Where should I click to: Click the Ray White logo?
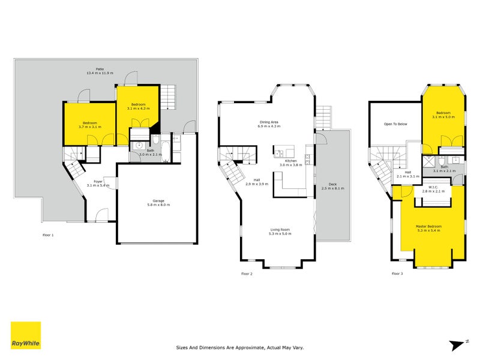coord(26,335)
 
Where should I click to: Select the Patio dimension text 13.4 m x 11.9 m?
coord(98,73)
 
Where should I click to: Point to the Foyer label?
coord(98,181)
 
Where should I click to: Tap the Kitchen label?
coord(291,161)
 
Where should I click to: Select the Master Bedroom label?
coord(428,226)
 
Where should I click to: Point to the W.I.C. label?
coord(428,187)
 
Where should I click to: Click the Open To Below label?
coord(395,124)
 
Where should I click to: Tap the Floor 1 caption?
coord(48,235)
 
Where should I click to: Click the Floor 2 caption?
coord(247,273)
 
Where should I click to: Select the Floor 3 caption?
coord(397,273)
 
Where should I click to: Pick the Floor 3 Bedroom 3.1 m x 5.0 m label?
coord(443,113)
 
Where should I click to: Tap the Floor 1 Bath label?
coord(150,151)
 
